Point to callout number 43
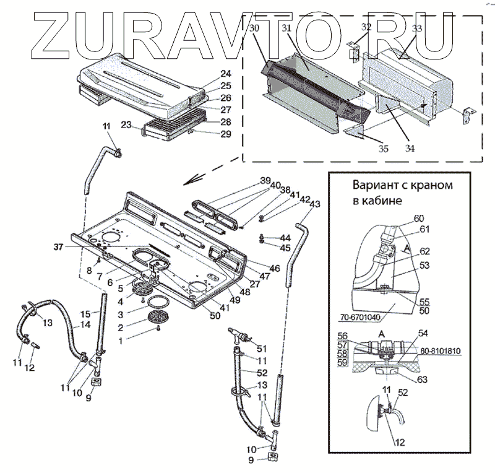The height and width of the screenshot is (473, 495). pos(314,204)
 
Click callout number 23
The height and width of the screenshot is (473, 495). pos(126,125)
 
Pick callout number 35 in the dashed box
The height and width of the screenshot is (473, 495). pos(384,149)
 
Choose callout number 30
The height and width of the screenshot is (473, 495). pos(256,30)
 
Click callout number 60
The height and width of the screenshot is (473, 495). pos(419,219)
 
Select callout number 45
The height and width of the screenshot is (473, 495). pos(285,249)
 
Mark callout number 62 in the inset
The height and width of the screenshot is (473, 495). pos(424,252)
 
